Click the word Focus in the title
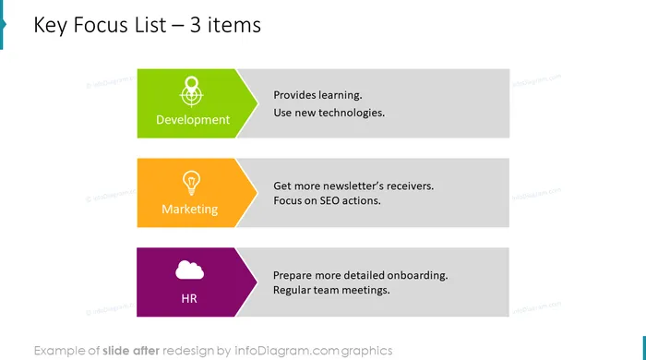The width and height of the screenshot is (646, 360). tap(101, 25)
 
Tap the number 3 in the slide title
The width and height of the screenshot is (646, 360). tap(196, 25)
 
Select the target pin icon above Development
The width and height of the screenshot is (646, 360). tap(191, 91)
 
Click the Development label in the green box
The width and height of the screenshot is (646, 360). tap(193, 120)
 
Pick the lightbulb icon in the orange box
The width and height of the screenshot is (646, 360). tap(191, 183)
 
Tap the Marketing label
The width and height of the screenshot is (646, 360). tap(189, 210)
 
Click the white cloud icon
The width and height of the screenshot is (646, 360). tap(189, 270)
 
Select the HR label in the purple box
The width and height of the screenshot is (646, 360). tap(189, 299)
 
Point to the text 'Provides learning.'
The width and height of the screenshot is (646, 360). tap(317, 95)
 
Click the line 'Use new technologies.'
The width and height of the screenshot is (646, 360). tap(329, 113)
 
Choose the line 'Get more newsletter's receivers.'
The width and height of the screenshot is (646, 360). tap(353, 186)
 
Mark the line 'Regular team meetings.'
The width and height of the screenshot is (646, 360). tap(331, 291)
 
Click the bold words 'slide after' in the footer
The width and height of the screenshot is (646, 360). tap(131, 351)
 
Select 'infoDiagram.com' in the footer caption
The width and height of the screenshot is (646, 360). tap(287, 351)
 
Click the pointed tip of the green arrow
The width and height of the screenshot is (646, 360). tap(258, 103)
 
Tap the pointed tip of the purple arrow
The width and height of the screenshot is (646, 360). tap(257, 282)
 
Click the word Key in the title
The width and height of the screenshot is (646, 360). tap(51, 25)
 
